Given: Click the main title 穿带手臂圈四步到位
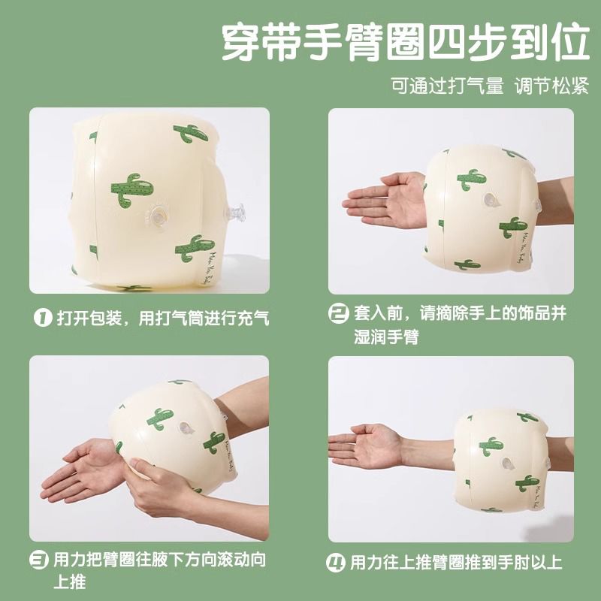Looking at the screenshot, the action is pos(406,42).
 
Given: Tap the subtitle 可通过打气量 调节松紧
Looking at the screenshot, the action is pos(490,86).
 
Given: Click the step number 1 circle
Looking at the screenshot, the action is pos(43,318).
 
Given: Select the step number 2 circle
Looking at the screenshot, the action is pos(339,313).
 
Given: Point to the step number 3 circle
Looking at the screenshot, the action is pos(39,560).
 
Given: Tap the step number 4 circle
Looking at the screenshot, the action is pos(335,563).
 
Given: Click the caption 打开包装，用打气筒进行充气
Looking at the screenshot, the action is pos(163,318).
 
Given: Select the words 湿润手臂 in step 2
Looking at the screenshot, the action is pos(386,337).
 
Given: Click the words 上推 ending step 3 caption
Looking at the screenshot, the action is pos(69,581).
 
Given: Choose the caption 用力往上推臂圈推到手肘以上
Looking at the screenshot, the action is pos(456,563).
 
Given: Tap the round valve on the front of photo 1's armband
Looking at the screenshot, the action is pos(158,216).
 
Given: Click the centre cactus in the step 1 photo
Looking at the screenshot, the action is pos(132,190).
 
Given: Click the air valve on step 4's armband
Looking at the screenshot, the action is pos(508,464).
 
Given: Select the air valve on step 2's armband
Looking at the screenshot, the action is pos(491,200).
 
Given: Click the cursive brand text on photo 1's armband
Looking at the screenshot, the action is pos(209,267).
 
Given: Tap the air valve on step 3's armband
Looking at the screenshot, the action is pos(186,427).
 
